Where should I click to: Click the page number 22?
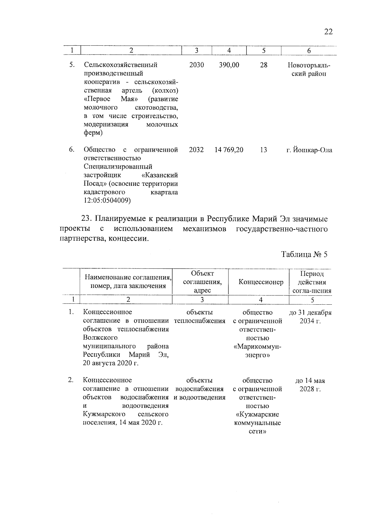point(328,32)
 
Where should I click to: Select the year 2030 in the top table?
point(196,65)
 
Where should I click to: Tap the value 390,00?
point(229,65)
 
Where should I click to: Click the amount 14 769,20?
point(229,150)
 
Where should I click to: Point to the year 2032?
point(196,150)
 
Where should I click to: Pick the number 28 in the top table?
point(264,65)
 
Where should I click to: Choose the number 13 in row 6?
point(264,150)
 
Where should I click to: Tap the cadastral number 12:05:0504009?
point(107,200)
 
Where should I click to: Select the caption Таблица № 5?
point(304,255)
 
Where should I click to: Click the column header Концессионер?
point(261,282)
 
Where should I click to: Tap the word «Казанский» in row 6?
point(160,175)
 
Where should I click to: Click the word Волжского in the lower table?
point(100,338)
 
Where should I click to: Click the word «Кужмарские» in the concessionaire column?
point(257,415)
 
